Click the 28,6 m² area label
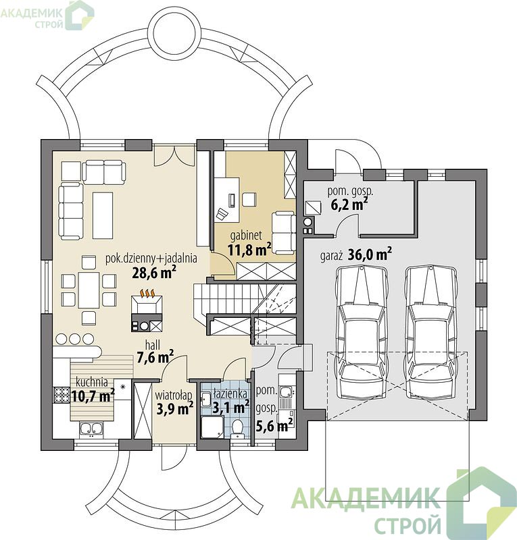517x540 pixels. click(x=154, y=272)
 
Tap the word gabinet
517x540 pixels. click(x=246, y=236)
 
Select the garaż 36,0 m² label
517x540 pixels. click(x=356, y=254)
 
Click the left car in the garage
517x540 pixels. click(x=361, y=331)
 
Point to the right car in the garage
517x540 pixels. click(x=430, y=331)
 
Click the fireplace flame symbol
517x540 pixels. click(x=147, y=293)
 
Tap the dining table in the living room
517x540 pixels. click(x=89, y=290)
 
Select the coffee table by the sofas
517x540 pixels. click(x=103, y=215)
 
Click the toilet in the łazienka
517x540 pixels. click(x=237, y=429)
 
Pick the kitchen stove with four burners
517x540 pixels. click(x=61, y=395)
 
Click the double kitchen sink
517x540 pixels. click(x=91, y=429)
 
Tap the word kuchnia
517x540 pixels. click(x=92, y=382)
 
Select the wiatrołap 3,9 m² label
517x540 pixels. click(x=174, y=402)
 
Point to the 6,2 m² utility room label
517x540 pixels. click(x=349, y=205)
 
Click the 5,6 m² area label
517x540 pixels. click(x=274, y=427)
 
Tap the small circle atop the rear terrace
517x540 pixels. click(x=174, y=31)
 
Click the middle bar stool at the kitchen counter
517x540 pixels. click(x=74, y=340)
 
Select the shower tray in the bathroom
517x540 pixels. click(x=212, y=427)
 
